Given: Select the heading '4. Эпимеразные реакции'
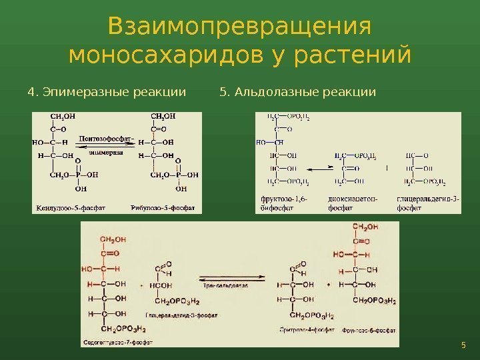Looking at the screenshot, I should [x=107, y=91].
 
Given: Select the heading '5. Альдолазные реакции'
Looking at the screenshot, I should [x=297, y=91].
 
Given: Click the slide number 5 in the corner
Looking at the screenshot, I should [x=463, y=345].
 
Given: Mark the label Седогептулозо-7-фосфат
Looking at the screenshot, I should [x=117, y=343].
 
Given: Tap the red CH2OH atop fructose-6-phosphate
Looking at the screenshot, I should [x=365, y=227].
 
